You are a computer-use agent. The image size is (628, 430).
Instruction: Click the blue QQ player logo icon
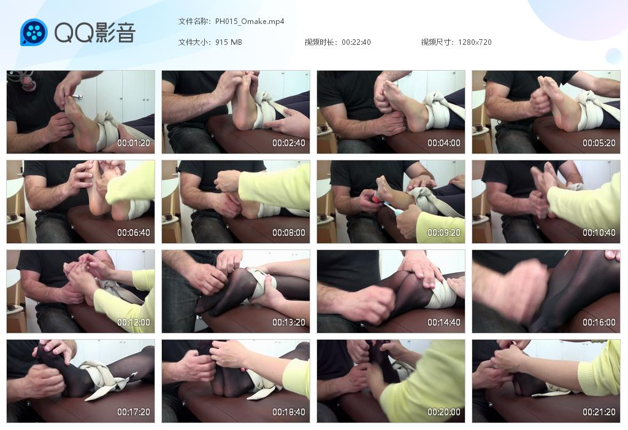tap(34, 32)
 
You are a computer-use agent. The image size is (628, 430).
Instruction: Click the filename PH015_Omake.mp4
tap(250, 21)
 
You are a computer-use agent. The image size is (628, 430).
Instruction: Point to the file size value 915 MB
tap(228, 42)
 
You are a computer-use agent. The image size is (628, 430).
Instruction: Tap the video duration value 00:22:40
tap(356, 42)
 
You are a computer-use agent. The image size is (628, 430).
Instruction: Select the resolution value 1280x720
tap(475, 42)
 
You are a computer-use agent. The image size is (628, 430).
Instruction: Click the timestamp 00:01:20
tap(133, 143)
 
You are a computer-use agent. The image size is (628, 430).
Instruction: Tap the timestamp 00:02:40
tap(289, 143)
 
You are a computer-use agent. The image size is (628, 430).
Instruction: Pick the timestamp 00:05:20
tap(599, 143)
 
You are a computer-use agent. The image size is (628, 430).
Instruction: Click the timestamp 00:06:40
tap(133, 233)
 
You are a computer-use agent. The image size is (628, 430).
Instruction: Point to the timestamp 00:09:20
tap(444, 233)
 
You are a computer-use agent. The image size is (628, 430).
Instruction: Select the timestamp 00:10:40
tap(599, 233)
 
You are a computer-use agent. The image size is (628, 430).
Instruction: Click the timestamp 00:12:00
tap(133, 322)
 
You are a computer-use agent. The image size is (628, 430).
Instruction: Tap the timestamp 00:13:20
tap(289, 322)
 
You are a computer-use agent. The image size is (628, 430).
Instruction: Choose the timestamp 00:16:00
tap(599, 322)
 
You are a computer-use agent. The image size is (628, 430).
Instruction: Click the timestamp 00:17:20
tap(133, 412)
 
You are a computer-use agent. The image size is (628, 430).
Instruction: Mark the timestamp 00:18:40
tap(289, 412)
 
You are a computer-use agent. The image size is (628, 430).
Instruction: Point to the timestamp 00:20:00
tap(444, 412)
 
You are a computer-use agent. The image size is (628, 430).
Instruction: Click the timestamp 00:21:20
tap(599, 412)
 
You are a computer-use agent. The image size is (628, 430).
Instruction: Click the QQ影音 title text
tap(95, 33)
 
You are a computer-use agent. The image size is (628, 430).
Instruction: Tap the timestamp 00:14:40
tap(444, 322)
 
